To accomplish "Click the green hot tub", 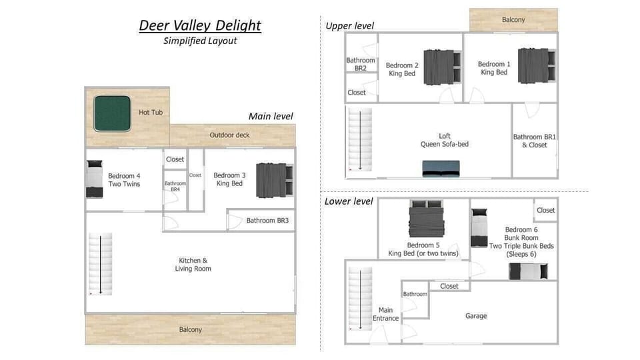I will [x=111, y=112].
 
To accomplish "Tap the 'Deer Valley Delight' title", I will [x=200, y=26].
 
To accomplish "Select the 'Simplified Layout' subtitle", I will [x=200, y=41].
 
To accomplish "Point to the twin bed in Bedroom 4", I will [x=95, y=179].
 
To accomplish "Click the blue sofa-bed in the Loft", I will [x=441, y=169].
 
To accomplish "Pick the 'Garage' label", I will [x=476, y=316].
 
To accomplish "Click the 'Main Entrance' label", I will [x=385, y=314].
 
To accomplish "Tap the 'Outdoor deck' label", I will [x=229, y=135].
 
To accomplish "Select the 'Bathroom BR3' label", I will [x=267, y=221].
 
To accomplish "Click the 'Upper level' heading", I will [x=349, y=26].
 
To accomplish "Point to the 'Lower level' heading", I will [x=349, y=201].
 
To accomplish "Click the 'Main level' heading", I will [x=271, y=116].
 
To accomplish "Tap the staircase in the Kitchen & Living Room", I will [x=101, y=264].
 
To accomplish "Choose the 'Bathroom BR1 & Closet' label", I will [x=535, y=141].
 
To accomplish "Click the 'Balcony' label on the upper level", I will [x=513, y=20].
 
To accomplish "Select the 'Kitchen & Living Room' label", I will [x=193, y=265].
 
